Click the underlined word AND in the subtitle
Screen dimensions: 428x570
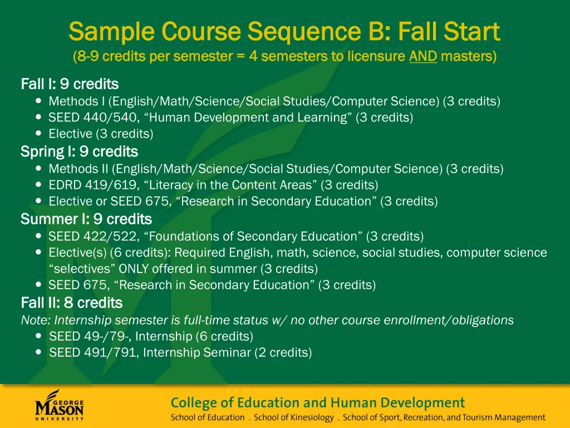tap(423, 56)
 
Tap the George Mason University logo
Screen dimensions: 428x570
tap(60, 406)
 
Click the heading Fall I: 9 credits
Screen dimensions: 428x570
tap(70, 84)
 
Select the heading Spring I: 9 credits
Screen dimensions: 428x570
tap(79, 152)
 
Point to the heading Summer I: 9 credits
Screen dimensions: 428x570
tap(86, 219)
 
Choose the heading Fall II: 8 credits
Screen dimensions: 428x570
tap(71, 303)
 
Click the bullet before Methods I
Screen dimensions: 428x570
tap(38, 101)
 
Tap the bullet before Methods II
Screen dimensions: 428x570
tap(38, 168)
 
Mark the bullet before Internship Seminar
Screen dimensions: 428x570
tap(38, 353)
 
